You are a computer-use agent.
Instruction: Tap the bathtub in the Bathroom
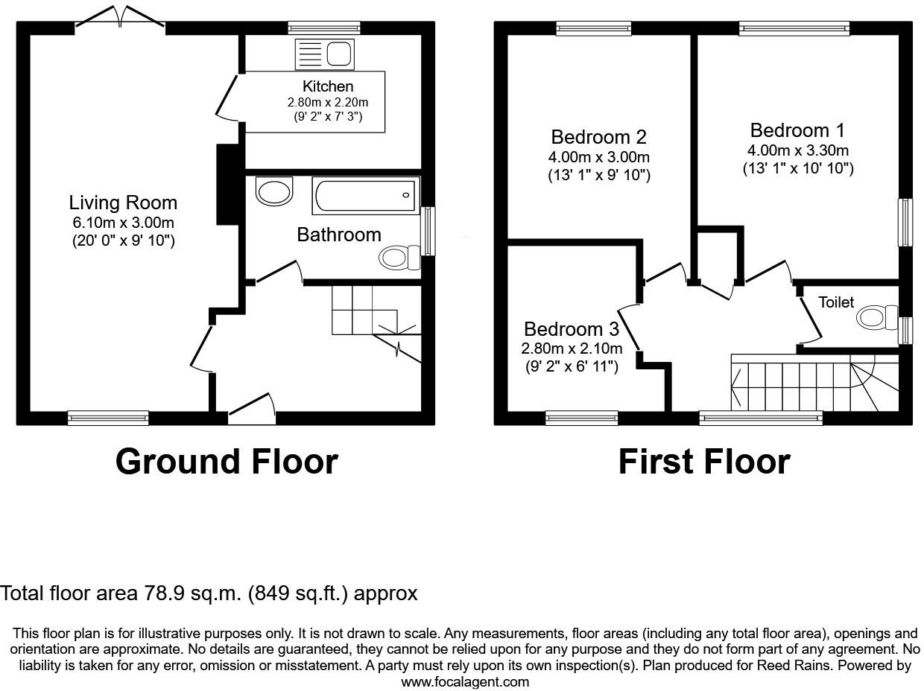(366, 195)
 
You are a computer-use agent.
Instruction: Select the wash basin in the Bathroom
(273, 191)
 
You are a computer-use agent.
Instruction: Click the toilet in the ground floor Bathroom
(399, 258)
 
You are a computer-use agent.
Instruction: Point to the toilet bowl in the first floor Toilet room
(877, 318)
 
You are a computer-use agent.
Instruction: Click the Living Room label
(123, 203)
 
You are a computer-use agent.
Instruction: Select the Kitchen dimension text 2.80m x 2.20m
(328, 102)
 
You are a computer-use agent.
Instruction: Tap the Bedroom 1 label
(797, 130)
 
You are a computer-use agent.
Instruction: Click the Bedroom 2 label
(598, 137)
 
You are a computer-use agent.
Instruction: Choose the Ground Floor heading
(227, 462)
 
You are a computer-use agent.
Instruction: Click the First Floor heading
(703, 462)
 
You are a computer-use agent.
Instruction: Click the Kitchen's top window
(324, 28)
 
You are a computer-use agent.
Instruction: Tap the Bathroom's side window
(428, 232)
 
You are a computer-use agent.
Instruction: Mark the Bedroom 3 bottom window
(581, 418)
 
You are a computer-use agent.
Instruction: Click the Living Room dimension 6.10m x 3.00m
(123, 223)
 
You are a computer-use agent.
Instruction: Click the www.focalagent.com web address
(465, 681)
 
